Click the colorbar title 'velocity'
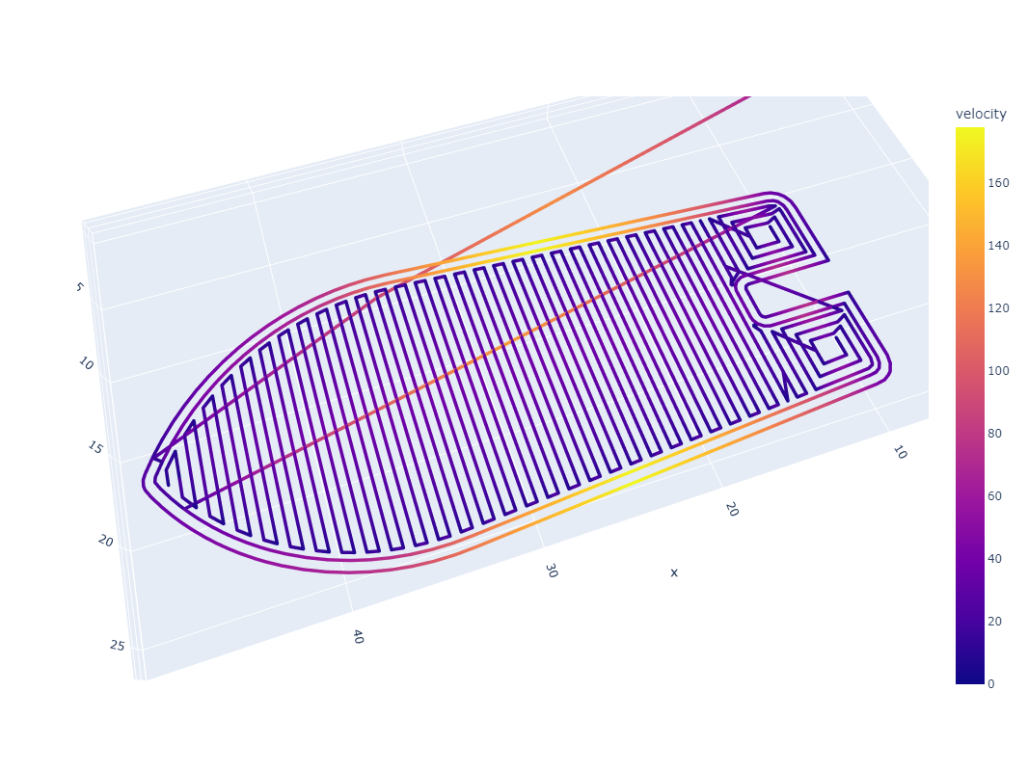(x=981, y=114)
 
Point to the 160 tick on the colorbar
(x=998, y=183)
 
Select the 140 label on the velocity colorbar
(x=998, y=246)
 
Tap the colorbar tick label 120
(x=998, y=307)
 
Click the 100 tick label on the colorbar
(x=998, y=371)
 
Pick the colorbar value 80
(x=994, y=433)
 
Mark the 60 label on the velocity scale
(x=994, y=496)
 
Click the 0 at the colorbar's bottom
(x=990, y=684)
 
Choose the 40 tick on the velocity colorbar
(x=994, y=559)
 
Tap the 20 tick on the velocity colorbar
(x=994, y=621)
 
